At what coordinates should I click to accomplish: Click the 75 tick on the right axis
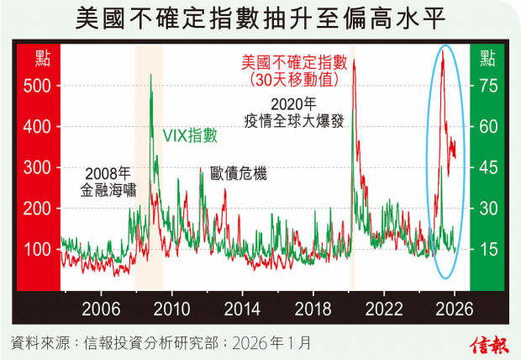click(488, 86)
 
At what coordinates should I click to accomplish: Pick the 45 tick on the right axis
click(488, 167)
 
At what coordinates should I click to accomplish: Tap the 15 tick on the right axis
click(488, 249)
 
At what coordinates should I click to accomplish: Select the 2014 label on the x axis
click(241, 307)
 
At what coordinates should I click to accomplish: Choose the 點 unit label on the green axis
click(487, 58)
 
